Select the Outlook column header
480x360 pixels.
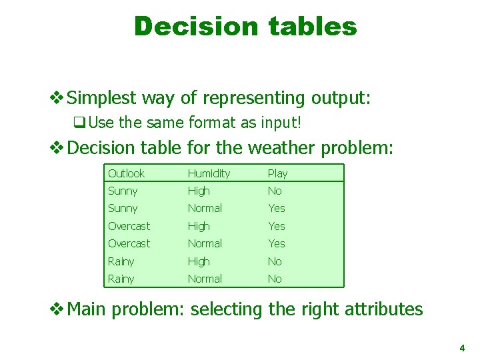tap(126, 173)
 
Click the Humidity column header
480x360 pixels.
tap(209, 173)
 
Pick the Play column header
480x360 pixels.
tap(277, 173)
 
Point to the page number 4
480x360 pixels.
tap(461, 348)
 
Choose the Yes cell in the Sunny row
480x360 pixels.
tap(276, 209)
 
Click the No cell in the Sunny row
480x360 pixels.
tap(275, 191)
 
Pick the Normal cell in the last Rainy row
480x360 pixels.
tap(205, 279)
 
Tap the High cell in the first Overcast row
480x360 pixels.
tap(199, 227)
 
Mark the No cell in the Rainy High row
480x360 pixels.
tap(275, 262)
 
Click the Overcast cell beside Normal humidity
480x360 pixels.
tap(129, 244)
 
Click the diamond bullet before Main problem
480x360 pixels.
tap(58, 309)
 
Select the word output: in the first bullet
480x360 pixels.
tap(340, 99)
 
